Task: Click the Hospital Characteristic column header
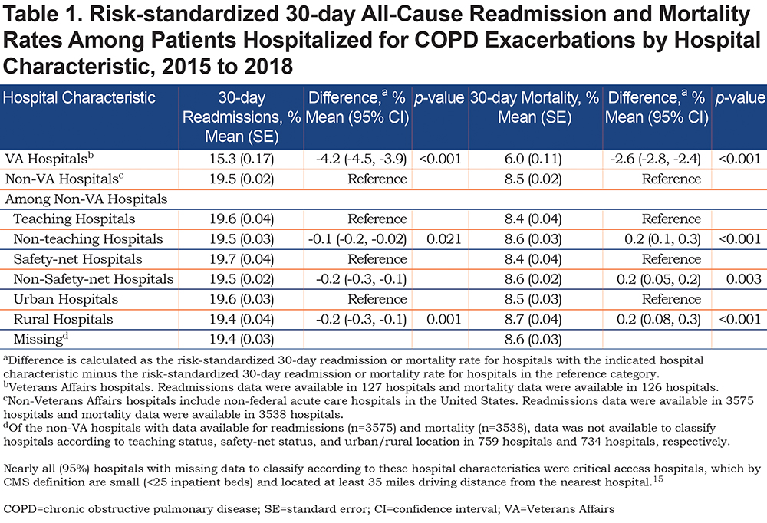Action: click(79, 98)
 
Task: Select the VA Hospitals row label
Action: click(49, 159)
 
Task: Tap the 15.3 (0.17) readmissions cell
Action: click(242, 159)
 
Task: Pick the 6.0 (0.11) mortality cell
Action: click(533, 159)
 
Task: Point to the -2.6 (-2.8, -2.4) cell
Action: click(656, 159)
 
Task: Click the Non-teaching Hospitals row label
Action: click(88, 238)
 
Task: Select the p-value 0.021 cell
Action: click(443, 238)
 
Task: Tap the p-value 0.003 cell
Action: click(743, 279)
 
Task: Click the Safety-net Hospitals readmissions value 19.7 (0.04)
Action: click(242, 258)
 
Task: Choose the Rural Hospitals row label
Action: click(63, 319)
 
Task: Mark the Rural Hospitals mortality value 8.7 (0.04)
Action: click(533, 319)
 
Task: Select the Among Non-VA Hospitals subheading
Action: click(86, 199)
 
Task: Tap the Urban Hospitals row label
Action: click(65, 299)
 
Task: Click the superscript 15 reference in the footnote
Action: click(658, 479)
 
